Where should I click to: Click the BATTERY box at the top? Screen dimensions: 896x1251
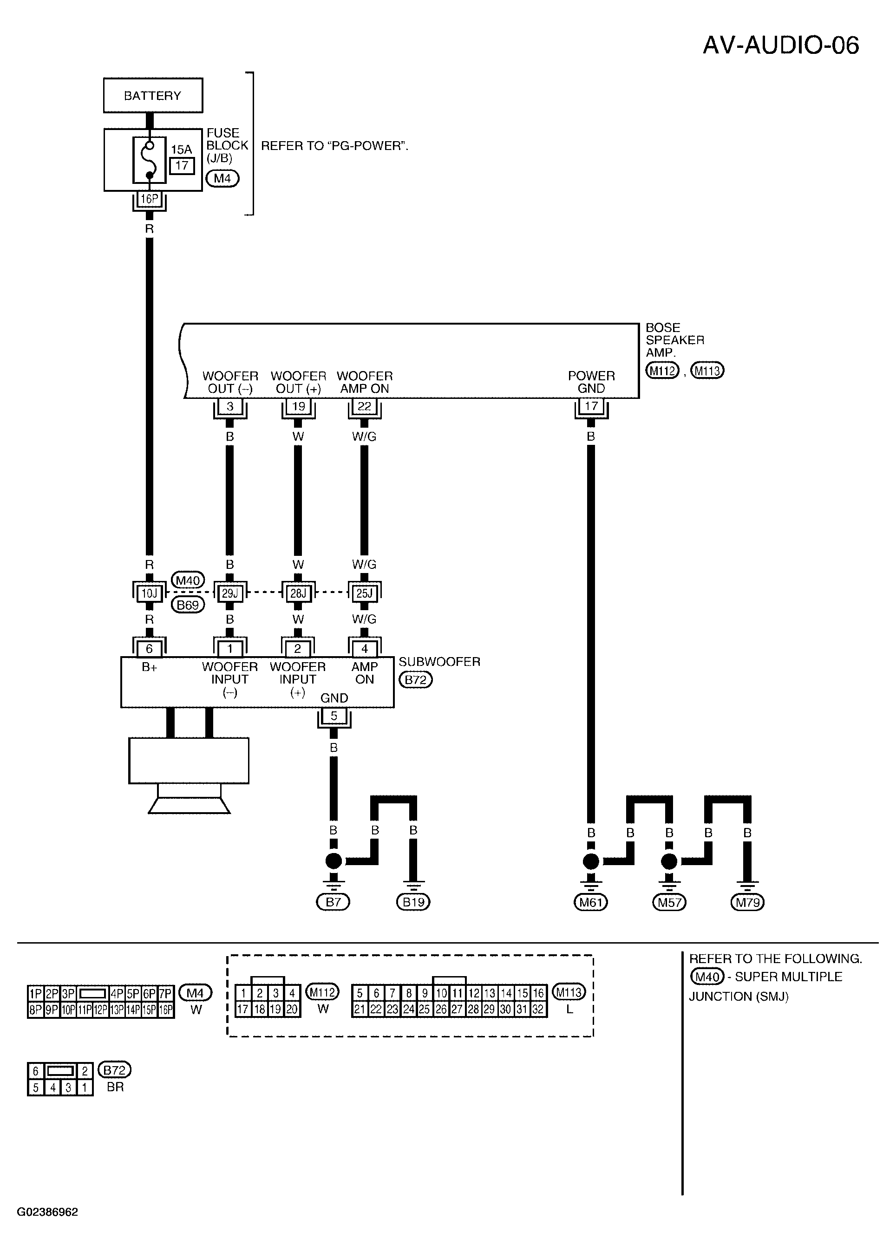(x=153, y=95)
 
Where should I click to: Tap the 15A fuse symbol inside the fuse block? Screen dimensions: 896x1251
(x=149, y=160)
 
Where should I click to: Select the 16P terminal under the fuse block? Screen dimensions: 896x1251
(x=149, y=199)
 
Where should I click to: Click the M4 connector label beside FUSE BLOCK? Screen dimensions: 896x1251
(x=222, y=179)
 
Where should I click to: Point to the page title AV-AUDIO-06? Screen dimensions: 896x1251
(x=781, y=45)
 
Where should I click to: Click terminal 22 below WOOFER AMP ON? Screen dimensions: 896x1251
(x=364, y=406)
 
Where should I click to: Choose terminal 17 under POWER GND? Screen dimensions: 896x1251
(x=591, y=406)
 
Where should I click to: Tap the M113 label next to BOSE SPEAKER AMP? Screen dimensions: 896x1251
(x=707, y=371)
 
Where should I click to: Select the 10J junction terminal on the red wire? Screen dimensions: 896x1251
(x=149, y=593)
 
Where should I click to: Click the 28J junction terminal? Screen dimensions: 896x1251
(x=298, y=593)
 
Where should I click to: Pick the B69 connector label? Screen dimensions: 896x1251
(x=188, y=605)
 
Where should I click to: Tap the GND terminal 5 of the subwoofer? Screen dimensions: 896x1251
(x=334, y=716)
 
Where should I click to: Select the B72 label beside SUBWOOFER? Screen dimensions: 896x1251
(x=415, y=679)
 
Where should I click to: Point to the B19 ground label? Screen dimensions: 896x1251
(x=413, y=902)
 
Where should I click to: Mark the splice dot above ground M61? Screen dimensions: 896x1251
(x=591, y=860)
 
